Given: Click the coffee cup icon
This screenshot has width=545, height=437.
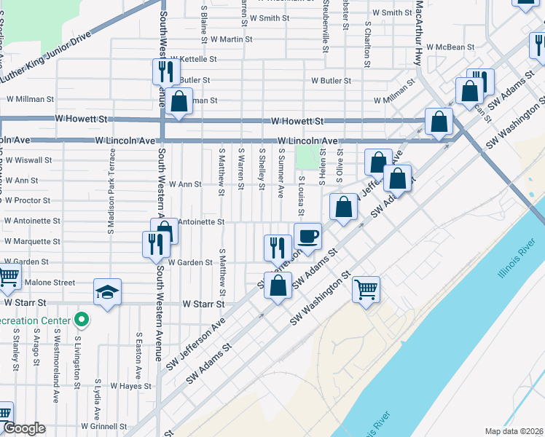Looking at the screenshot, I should (307, 236).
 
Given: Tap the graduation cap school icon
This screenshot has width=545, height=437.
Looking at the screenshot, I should (108, 293).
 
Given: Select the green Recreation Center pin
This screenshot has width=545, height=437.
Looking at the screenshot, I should (82, 320).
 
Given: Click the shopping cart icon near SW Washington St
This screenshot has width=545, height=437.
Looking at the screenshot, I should (366, 288).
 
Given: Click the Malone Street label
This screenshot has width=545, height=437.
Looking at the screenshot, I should (50, 283).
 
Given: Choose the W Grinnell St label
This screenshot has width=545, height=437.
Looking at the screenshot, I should (104, 426).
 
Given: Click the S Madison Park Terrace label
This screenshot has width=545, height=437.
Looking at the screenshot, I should (112, 192).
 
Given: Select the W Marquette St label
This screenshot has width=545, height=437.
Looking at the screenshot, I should (32, 241).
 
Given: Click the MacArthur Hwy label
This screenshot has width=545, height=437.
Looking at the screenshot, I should (419, 33).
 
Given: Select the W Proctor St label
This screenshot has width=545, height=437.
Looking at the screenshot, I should (28, 200).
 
